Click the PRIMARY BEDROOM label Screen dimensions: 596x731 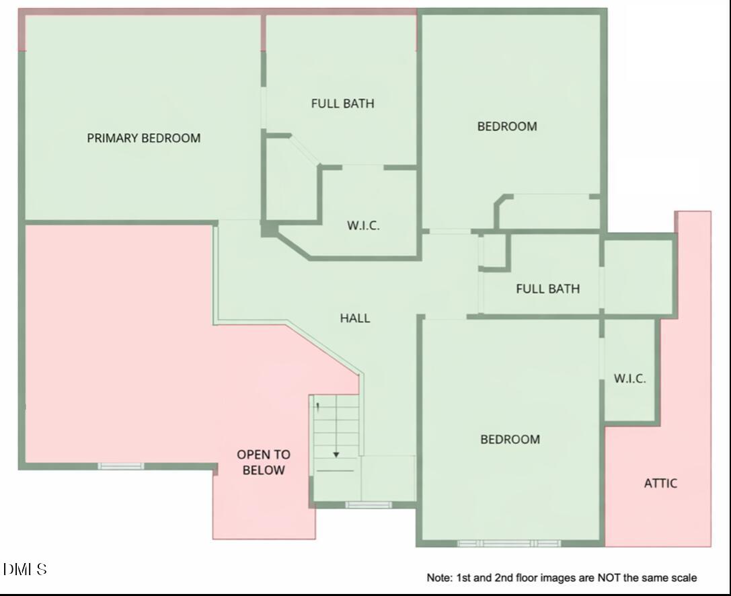coord(143,138)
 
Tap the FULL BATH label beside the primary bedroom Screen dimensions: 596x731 coord(342,104)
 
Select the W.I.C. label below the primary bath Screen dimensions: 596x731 coord(363,226)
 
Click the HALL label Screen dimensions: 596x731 coord(354,318)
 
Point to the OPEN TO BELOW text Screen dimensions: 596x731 coord(263,463)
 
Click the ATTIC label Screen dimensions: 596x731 coord(660,483)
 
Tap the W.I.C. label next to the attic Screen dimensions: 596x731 coord(629,379)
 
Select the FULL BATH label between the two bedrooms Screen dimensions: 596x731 coord(547,289)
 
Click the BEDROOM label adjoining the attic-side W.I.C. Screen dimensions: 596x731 coord(510,439)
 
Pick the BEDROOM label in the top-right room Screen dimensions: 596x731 coord(507,126)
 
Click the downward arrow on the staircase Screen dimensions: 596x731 coord(336,455)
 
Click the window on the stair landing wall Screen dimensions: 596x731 coord(368,505)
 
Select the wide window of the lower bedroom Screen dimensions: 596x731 coord(508,543)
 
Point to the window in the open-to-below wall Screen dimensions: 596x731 coord(121,466)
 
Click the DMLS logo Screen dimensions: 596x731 coord(25,570)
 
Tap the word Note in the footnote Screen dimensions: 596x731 coord(439,578)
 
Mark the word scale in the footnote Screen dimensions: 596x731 coord(683,578)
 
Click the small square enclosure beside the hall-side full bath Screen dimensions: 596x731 coord(494,251)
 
